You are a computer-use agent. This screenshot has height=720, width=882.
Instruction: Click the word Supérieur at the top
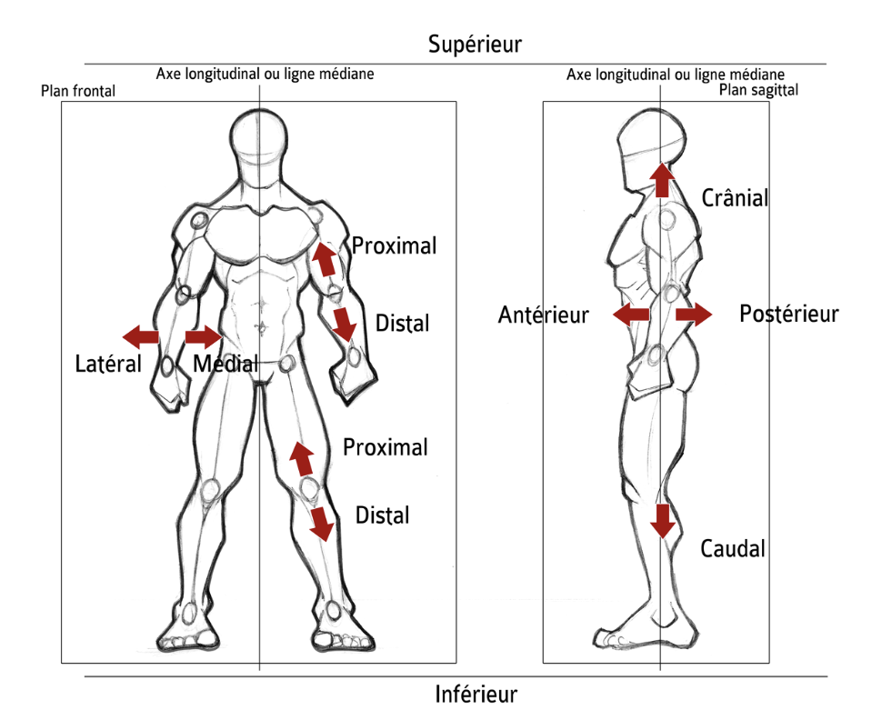click(x=476, y=44)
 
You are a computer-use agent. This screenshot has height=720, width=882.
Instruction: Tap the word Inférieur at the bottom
click(x=476, y=695)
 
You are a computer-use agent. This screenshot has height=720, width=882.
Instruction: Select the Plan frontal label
click(x=78, y=92)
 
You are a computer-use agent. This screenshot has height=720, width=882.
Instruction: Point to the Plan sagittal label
click(x=758, y=90)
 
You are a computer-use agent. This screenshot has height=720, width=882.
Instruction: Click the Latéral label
click(x=108, y=365)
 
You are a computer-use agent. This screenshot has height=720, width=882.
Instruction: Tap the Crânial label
click(x=736, y=198)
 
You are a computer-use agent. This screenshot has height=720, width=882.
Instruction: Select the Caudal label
click(x=732, y=549)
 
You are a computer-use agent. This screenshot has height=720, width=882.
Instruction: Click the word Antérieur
click(x=544, y=315)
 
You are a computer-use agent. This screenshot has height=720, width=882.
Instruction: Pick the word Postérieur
click(x=788, y=315)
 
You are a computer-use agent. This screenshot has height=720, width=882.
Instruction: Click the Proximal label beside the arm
click(x=394, y=245)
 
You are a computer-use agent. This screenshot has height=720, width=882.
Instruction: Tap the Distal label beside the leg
click(x=382, y=515)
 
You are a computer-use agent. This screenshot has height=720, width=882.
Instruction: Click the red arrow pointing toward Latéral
click(x=141, y=337)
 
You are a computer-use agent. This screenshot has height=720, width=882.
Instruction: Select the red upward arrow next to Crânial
click(x=662, y=180)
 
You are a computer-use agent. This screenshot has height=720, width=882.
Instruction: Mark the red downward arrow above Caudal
click(x=662, y=520)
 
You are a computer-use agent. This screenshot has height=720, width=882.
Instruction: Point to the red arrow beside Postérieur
click(x=694, y=315)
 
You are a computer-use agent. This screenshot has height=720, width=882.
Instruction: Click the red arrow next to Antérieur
click(x=630, y=315)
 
